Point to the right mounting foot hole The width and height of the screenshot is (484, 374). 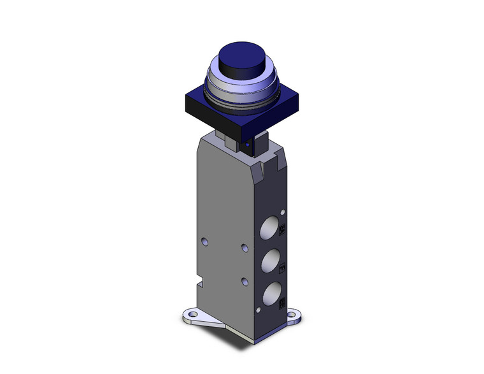294,315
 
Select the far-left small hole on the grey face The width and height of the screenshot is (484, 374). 204,241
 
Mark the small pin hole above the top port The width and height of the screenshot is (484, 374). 283,211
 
